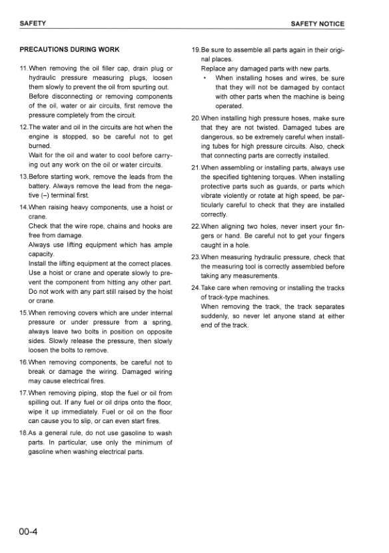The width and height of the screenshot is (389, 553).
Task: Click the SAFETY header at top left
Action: [33, 24]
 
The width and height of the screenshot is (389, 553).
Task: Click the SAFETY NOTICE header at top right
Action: [318, 24]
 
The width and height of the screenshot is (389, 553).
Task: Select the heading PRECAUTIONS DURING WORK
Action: [70, 49]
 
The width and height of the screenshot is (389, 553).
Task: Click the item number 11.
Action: [24, 69]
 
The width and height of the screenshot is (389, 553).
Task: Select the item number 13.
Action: [24, 177]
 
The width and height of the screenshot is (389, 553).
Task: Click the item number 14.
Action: [24, 206]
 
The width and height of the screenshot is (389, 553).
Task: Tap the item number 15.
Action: [24, 312]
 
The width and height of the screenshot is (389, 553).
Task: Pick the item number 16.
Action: [24, 362]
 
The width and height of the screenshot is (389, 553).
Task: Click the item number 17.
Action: [24, 393]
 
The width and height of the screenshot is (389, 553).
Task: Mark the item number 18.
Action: [24, 434]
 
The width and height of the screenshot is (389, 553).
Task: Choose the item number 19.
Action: [195, 49]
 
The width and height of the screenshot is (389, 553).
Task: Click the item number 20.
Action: [195, 118]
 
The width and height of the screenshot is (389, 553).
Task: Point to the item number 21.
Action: [195, 167]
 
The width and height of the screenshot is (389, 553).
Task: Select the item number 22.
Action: [195, 227]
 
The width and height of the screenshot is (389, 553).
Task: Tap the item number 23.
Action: [195, 257]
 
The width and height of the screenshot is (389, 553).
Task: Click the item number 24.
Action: [195, 288]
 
